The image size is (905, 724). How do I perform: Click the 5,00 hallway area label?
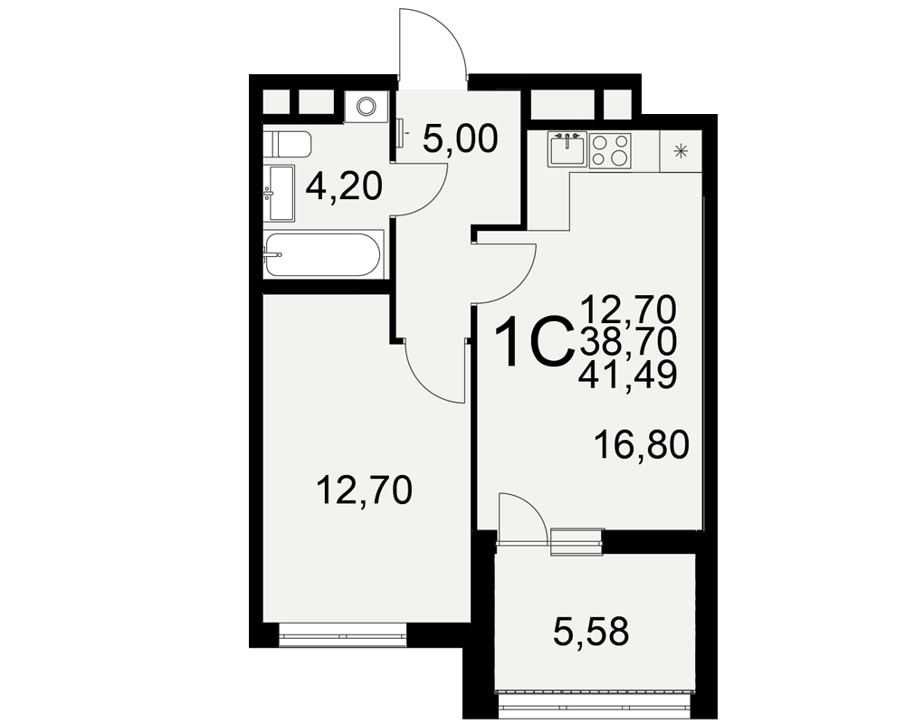tap(460, 139)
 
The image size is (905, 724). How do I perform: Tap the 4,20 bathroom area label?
tap(344, 186)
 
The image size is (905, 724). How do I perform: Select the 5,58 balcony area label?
tap(590, 632)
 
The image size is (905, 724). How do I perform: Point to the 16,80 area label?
tap(642, 445)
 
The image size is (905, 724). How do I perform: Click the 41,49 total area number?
tap(629, 376)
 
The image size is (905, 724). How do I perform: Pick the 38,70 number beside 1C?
tap(629, 342)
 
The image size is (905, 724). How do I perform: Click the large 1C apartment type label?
tap(533, 342)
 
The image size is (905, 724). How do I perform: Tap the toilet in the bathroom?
tap(288, 144)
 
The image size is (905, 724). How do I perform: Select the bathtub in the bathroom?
tap(323, 254)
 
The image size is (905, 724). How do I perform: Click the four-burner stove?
tap(610, 150)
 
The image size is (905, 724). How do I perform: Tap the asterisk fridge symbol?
tap(681, 151)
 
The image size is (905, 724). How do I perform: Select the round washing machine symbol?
tap(366, 106)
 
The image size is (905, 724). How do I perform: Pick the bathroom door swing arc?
tap(433, 200)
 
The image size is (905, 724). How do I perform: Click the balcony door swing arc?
tap(534, 508)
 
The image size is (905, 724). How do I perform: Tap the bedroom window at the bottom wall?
tap(343, 635)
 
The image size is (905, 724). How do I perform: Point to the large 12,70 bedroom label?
tap(364, 491)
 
